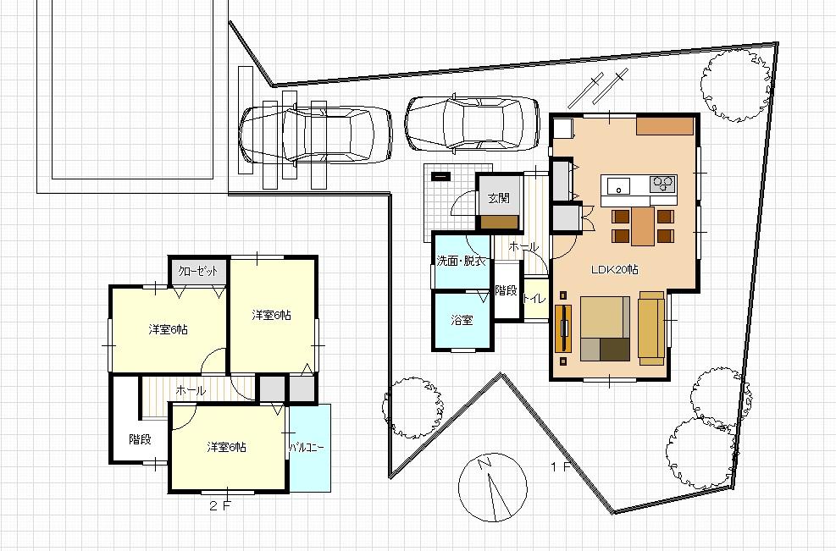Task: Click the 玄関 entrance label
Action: point(498,199)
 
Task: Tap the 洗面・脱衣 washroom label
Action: point(461,262)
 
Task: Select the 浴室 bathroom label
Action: point(462,320)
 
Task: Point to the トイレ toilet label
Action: point(534,298)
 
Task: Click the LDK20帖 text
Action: point(614,269)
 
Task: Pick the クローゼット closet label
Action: point(198,272)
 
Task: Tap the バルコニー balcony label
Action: point(307,446)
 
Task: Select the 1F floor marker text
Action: point(560,466)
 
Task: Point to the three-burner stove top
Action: point(662,184)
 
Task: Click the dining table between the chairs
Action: point(643,225)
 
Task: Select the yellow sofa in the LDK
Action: point(651,328)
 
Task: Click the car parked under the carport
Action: point(315,135)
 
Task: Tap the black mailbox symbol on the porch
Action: point(441,177)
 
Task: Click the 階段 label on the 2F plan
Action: point(140,439)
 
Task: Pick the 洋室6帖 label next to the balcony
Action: point(226,447)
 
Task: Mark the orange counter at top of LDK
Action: point(665,126)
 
